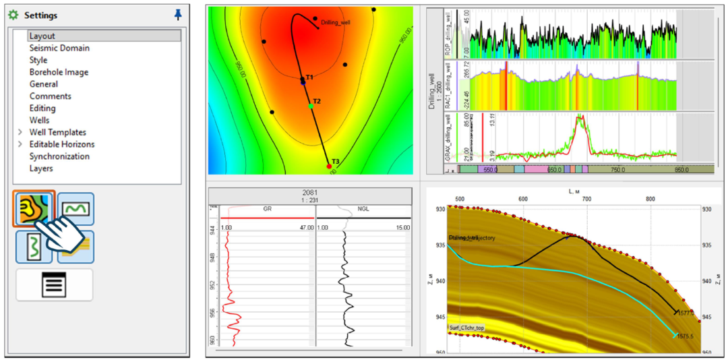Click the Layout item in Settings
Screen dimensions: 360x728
point(42,36)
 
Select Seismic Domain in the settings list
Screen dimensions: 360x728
point(59,48)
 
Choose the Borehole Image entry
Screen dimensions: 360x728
point(58,72)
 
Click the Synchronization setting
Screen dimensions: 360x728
point(59,156)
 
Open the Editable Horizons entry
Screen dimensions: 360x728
point(61,144)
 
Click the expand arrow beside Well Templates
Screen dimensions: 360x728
point(20,132)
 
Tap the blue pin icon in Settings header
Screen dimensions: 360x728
point(178,14)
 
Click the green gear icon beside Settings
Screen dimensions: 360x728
point(13,15)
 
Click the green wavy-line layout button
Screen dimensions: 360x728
point(75,209)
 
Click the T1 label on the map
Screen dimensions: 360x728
point(309,78)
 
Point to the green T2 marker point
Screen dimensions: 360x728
point(311,107)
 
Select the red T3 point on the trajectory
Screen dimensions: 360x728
point(329,166)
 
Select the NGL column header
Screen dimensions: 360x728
point(363,210)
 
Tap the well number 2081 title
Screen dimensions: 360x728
point(309,193)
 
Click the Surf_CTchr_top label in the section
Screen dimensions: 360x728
point(465,328)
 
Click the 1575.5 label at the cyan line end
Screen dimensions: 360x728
point(686,335)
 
